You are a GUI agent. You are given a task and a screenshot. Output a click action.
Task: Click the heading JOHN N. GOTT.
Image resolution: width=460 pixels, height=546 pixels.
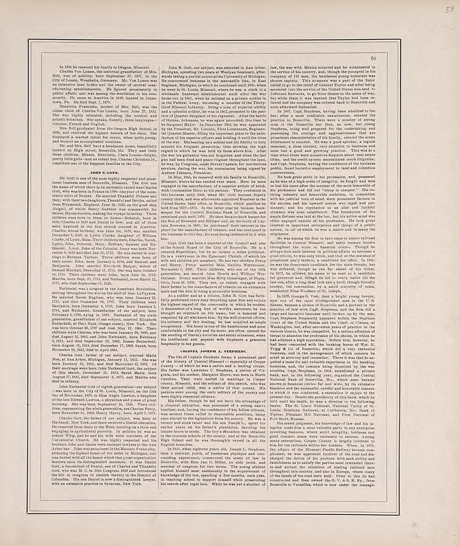point(104,172)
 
